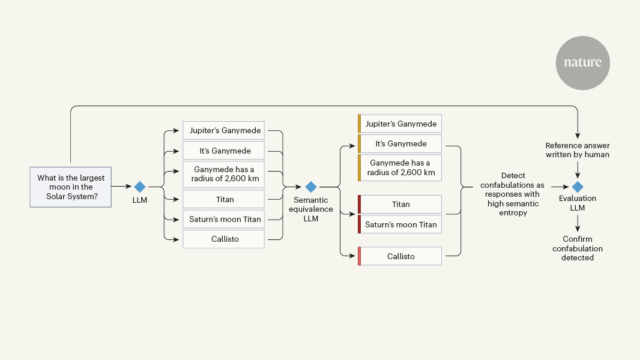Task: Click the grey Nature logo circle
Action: click(582, 63)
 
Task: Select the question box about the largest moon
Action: click(71, 187)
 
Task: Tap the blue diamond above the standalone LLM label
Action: click(139, 187)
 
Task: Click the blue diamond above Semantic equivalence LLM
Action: click(310, 187)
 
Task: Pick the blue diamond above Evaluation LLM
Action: click(577, 187)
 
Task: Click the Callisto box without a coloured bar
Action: click(223, 239)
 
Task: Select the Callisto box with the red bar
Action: click(400, 256)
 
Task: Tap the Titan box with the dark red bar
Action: click(400, 204)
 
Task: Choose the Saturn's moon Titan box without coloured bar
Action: click(223, 219)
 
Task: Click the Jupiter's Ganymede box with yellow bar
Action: click(400, 124)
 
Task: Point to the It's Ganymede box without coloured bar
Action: click(223, 151)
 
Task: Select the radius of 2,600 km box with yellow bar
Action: click(400, 167)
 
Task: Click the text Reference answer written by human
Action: click(577, 150)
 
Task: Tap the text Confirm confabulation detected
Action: click(577, 248)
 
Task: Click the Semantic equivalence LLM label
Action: click(310, 209)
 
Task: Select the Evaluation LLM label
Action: click(577, 203)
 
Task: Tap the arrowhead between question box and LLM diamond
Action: click(127, 187)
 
